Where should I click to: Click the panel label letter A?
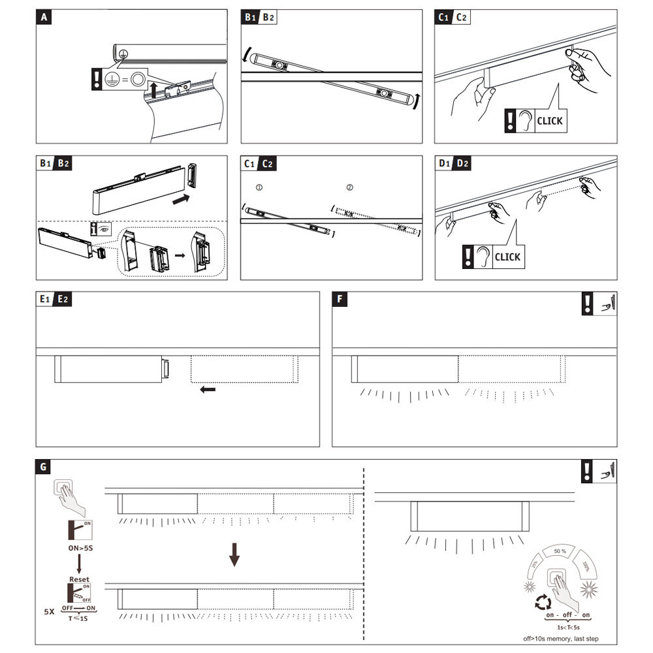44,18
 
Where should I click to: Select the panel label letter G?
44,467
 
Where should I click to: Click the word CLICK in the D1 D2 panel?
507,257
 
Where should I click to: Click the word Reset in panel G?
78,579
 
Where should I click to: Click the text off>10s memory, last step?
561,639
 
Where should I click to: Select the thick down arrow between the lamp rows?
234,556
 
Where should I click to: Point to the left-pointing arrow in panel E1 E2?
208,390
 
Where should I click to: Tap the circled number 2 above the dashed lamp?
349,187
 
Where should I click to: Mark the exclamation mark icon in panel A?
97,80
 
